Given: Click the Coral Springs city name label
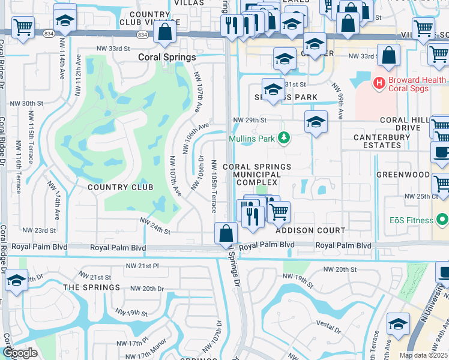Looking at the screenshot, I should tap(167, 58).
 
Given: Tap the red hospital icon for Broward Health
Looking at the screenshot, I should tap(379, 82).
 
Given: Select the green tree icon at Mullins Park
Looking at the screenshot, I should tap(286, 139).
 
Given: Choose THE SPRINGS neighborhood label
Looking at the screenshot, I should tap(91, 287).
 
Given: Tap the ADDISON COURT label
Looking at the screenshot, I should tap(310, 230).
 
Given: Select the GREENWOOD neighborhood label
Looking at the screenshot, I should tap(403, 175).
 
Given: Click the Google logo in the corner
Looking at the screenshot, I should tap(20, 353).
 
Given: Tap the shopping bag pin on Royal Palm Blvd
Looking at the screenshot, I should tap(226, 234).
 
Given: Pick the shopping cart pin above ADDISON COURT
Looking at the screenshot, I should tap(279, 212).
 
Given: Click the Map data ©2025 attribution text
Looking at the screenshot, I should tap(423, 355).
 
